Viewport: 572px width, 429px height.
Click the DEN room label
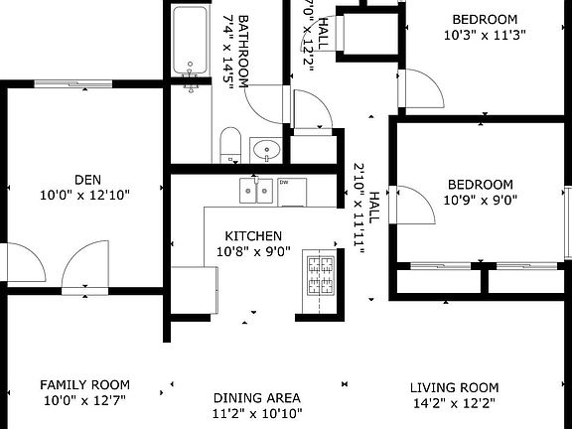click(x=88, y=180)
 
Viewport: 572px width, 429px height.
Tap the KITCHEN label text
click(x=253, y=236)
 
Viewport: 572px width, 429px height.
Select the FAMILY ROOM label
click(x=84, y=385)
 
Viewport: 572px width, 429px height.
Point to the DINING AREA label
click(x=257, y=397)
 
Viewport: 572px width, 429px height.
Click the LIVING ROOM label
click(x=454, y=387)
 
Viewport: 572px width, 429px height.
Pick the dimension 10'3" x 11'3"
click(x=485, y=36)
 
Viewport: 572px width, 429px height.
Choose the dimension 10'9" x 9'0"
click(x=480, y=201)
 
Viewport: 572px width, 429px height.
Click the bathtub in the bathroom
click(x=190, y=40)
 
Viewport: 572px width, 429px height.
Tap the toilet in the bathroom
click(x=230, y=145)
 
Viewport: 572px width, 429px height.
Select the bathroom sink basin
click(x=267, y=150)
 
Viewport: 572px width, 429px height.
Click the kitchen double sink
click(x=256, y=191)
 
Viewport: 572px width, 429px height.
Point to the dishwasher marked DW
click(x=292, y=193)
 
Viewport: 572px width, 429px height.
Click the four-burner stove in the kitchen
click(x=321, y=275)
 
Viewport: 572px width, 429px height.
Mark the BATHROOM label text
click(x=243, y=52)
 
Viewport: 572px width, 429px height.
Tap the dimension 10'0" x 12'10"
click(x=84, y=196)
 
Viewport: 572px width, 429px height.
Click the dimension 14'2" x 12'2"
click(x=454, y=403)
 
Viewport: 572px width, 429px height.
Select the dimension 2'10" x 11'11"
click(x=358, y=209)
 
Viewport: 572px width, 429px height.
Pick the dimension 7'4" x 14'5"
click(x=228, y=52)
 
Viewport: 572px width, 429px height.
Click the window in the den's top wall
click(x=73, y=83)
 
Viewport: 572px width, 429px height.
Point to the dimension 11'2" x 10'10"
click(x=257, y=414)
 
